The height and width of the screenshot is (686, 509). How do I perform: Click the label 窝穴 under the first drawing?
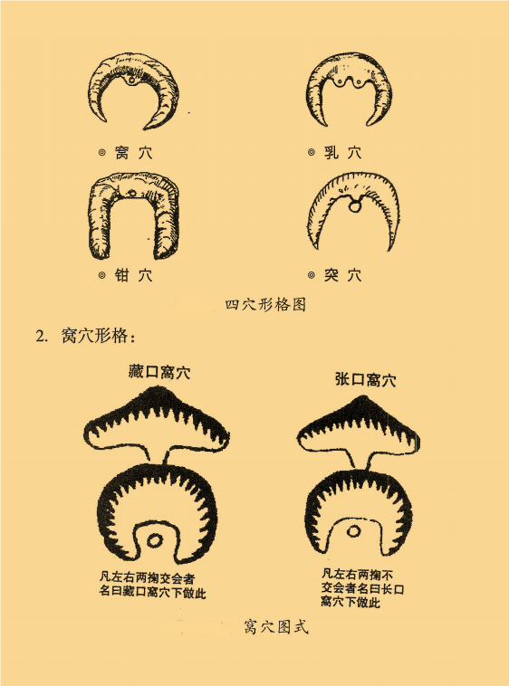pyautogui.click(x=133, y=153)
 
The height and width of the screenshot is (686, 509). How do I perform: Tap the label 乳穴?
pyautogui.click(x=342, y=153)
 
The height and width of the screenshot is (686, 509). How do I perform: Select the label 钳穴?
pyautogui.click(x=133, y=275)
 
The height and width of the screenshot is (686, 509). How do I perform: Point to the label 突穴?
pyautogui.click(x=342, y=275)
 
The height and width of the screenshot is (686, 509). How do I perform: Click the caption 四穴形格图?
pyautogui.click(x=265, y=304)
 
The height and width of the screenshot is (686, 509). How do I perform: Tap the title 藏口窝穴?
pyautogui.click(x=159, y=372)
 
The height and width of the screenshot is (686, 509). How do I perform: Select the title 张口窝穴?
pyautogui.click(x=365, y=379)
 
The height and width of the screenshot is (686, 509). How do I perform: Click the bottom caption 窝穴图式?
pyautogui.click(x=276, y=626)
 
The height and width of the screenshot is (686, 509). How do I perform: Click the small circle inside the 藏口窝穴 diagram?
pyautogui.click(x=154, y=540)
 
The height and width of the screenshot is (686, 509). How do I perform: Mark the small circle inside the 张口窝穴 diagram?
pyautogui.click(x=353, y=531)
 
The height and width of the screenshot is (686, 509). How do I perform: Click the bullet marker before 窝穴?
pyautogui.click(x=102, y=153)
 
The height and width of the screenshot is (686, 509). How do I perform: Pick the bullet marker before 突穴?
pyautogui.click(x=312, y=275)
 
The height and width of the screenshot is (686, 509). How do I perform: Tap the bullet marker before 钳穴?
pyautogui.click(x=102, y=275)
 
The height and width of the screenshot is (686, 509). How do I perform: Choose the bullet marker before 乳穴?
pyautogui.click(x=312, y=153)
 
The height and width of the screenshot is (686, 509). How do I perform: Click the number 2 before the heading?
pyautogui.click(x=41, y=337)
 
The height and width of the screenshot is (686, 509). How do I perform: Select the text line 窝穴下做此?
pyautogui.click(x=351, y=602)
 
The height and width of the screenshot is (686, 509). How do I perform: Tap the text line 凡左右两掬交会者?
pyautogui.click(x=147, y=578)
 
